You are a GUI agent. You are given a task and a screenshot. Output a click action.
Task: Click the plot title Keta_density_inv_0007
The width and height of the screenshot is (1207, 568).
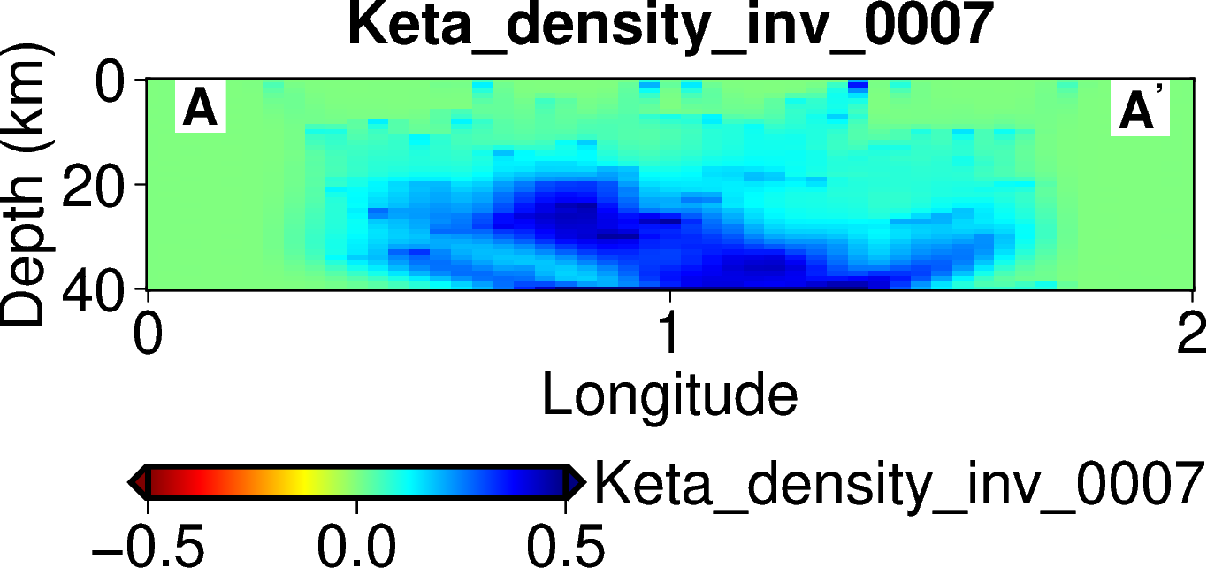(x=668, y=26)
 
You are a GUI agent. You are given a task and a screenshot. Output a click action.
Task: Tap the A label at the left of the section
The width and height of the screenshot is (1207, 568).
(x=200, y=109)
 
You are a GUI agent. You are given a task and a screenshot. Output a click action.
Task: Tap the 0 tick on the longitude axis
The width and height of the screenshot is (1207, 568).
(x=148, y=334)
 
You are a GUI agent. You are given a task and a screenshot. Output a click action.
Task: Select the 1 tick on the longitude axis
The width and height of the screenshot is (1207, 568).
(x=669, y=334)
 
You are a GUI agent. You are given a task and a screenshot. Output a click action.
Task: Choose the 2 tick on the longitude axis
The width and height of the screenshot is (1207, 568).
(x=1191, y=334)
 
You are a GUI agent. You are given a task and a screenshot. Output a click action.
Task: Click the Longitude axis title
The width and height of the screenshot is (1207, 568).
(x=669, y=395)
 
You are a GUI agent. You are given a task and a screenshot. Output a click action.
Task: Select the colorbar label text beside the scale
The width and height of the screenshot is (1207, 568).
(x=898, y=484)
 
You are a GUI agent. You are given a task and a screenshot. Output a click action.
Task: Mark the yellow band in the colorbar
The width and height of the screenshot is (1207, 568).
(x=305, y=482)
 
